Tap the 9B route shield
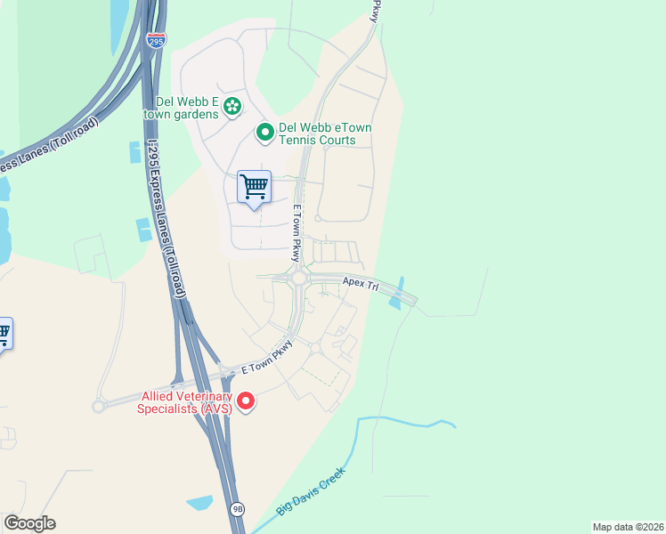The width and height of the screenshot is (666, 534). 237,509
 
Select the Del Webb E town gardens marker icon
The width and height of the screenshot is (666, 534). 231,107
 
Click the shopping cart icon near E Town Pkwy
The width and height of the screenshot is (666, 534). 255,188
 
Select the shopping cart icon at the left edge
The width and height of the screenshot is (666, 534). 4,334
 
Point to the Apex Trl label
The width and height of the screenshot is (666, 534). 361,285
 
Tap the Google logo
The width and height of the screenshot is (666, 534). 29,523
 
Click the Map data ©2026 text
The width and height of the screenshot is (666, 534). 628,527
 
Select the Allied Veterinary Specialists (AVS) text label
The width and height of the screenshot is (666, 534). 186,402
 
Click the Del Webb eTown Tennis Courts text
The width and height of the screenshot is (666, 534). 325,133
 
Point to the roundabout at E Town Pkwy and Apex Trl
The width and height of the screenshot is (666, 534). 298,278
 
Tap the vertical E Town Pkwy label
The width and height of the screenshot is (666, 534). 298,232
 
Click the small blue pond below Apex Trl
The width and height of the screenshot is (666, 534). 394,303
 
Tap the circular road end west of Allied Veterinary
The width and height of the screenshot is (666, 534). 98,406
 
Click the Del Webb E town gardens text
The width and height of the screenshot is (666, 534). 181,107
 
